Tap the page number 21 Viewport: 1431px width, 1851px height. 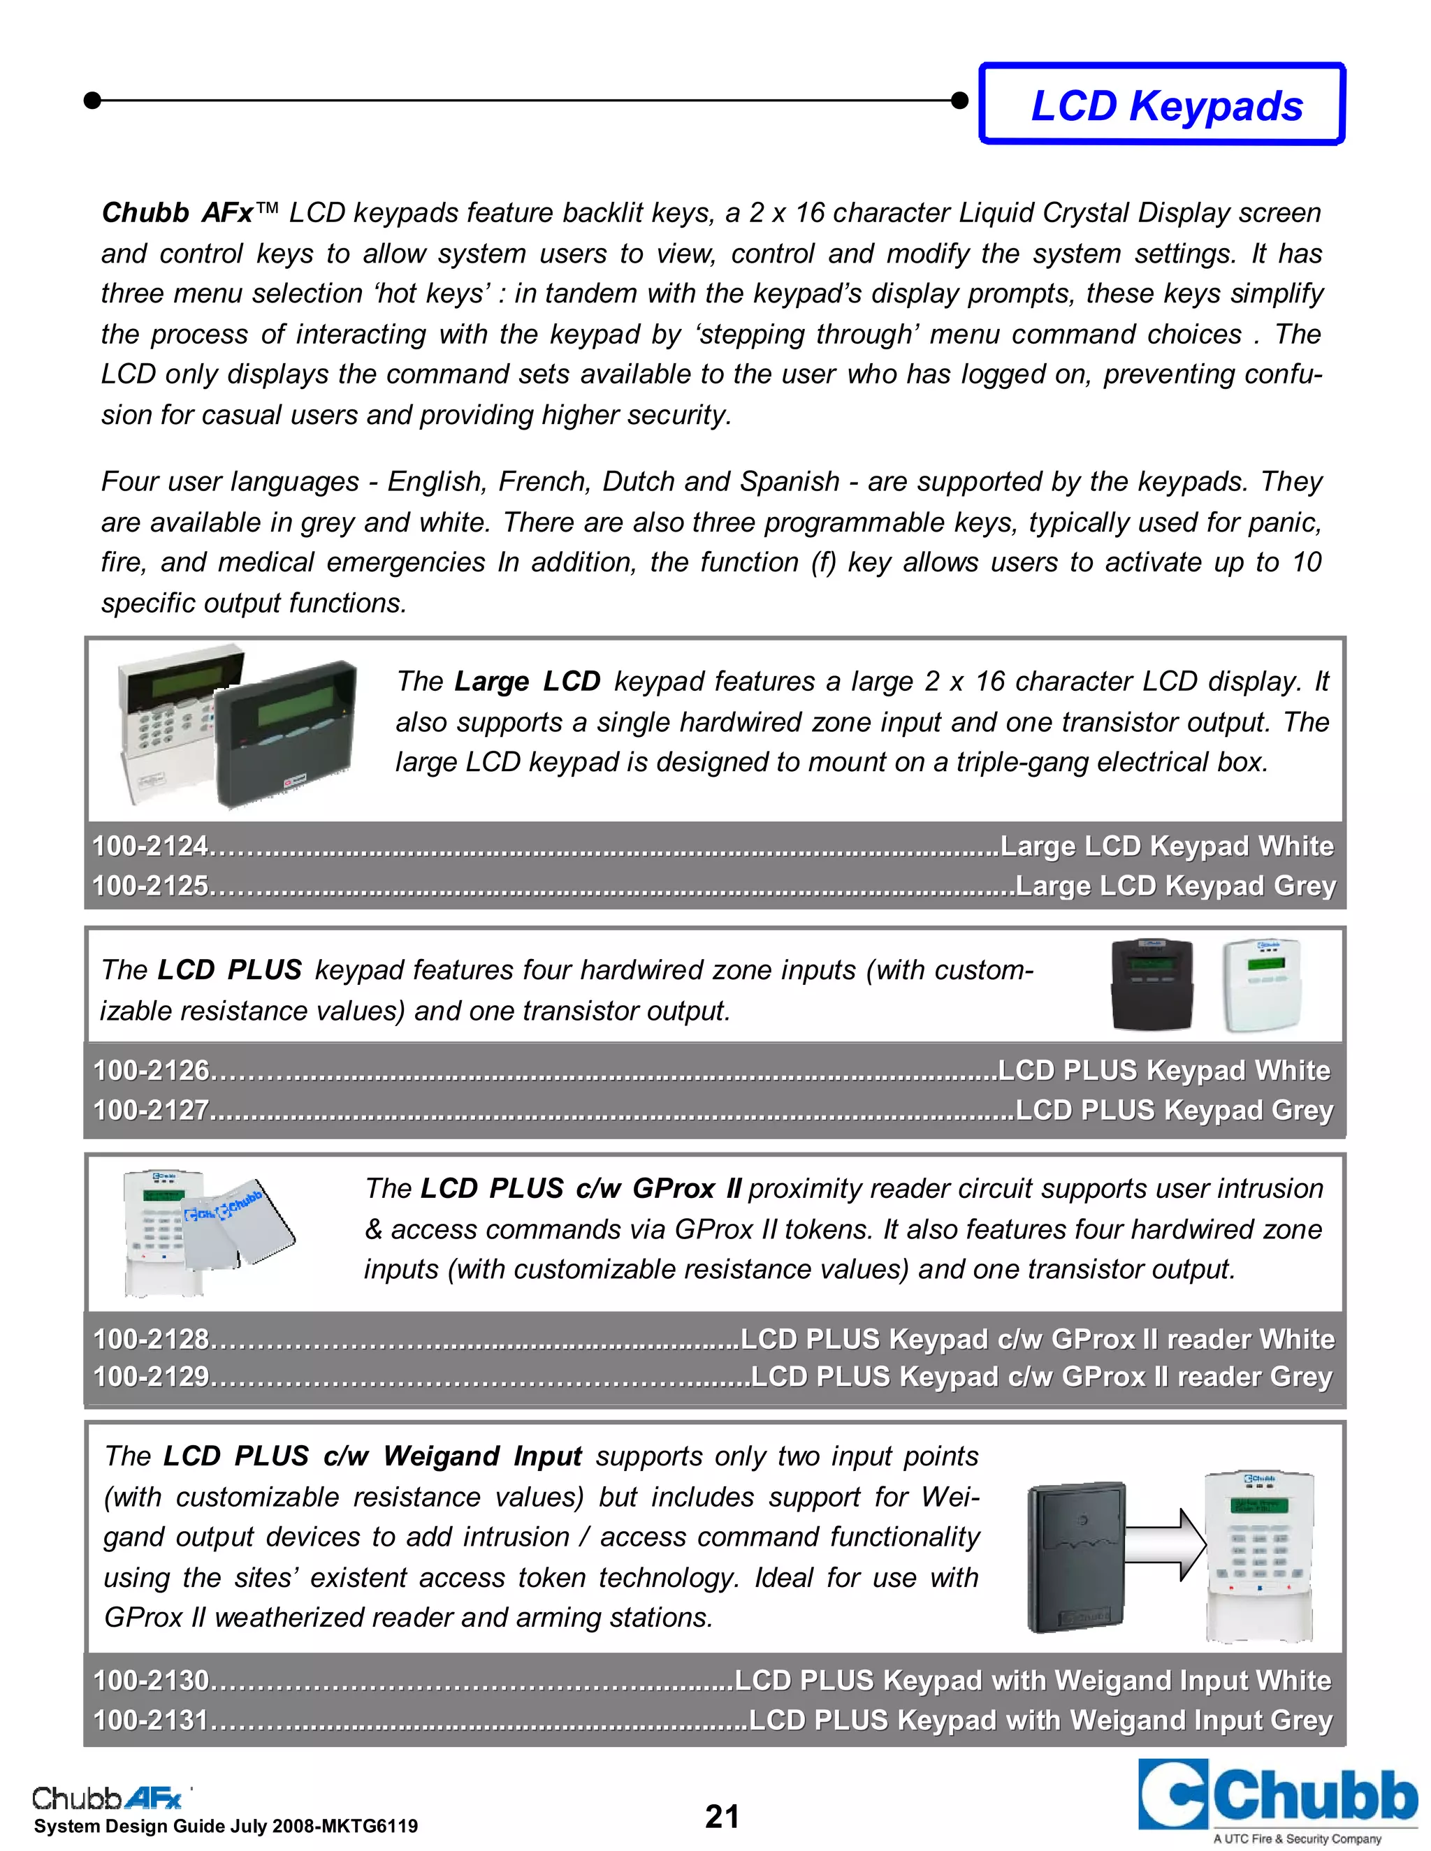point(721,1816)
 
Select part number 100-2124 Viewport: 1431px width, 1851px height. point(150,846)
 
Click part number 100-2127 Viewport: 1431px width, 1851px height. point(151,1109)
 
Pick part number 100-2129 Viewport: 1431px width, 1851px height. point(151,1375)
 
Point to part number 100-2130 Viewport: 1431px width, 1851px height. point(151,1680)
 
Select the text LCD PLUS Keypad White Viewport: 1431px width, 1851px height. point(1164,1070)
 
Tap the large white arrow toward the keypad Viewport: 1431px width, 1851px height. point(1165,1546)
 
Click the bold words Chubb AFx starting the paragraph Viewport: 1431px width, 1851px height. point(176,213)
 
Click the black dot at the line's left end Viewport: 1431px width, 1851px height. point(93,100)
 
